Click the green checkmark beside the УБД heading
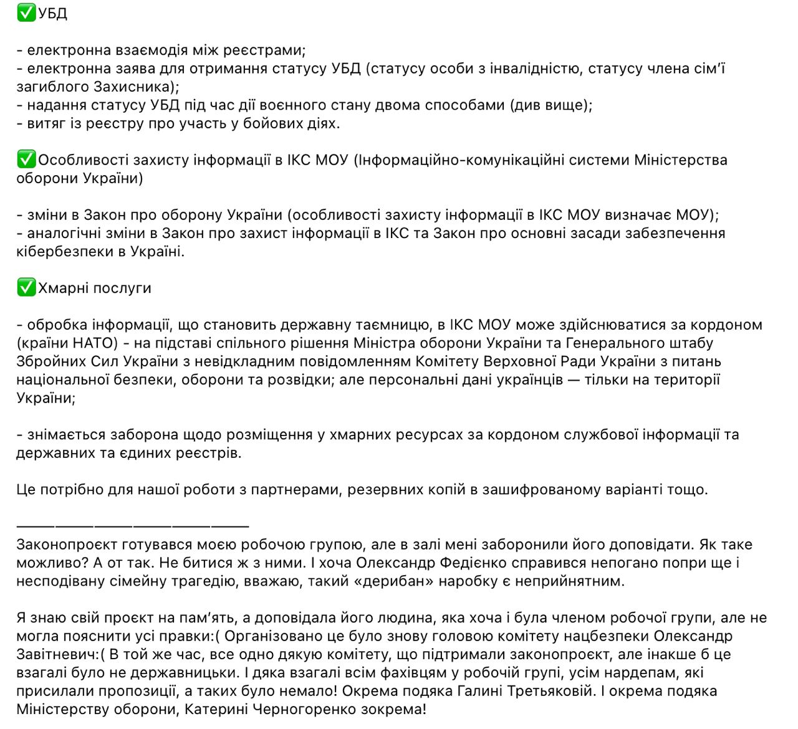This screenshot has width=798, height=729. pos(26,12)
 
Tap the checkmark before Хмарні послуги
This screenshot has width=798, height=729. pos(26,287)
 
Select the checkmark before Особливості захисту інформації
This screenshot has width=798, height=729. pos(26,160)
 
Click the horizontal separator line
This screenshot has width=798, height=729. pos(132,526)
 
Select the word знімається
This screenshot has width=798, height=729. pos(67,434)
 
